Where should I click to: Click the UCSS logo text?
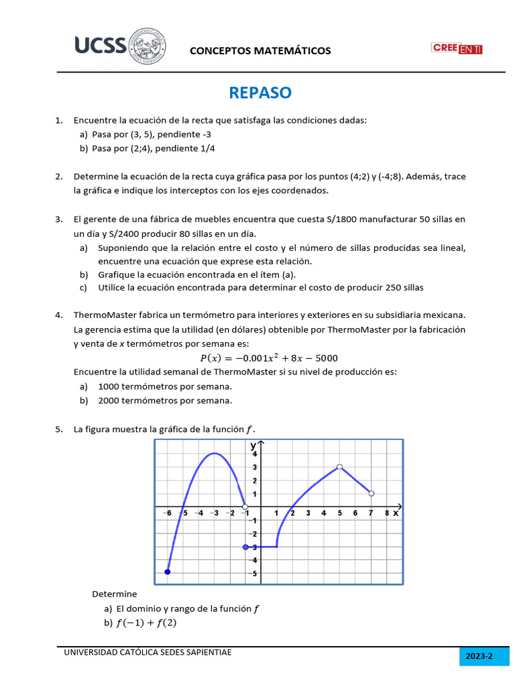[x=100, y=46]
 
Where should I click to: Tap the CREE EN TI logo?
[x=457, y=48]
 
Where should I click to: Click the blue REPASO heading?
[x=260, y=93]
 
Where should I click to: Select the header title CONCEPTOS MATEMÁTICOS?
[x=260, y=51]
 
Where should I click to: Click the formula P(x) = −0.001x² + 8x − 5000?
[x=270, y=358]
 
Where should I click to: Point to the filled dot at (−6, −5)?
[x=168, y=572]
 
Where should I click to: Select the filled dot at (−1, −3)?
[x=245, y=547]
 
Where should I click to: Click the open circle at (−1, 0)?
[x=245, y=507]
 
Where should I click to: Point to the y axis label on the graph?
[x=253, y=445]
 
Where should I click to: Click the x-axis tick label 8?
[x=387, y=513]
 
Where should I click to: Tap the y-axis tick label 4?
[x=253, y=454]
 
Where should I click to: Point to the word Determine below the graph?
[x=114, y=594]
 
